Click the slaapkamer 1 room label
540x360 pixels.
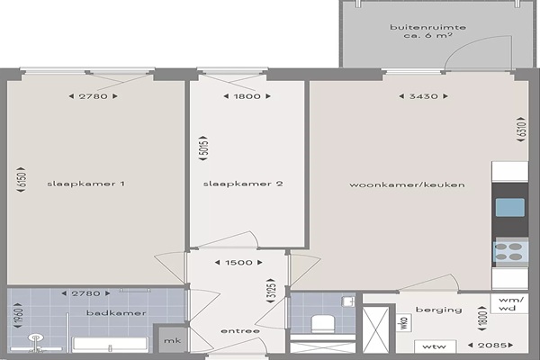point(85,184)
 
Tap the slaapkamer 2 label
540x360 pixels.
point(243,184)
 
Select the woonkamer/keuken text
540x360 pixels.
point(407,184)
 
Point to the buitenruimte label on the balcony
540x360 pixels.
point(428,27)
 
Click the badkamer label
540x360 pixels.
point(116,313)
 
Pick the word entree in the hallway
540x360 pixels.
point(240,331)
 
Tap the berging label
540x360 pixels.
point(439,310)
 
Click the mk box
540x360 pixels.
point(173,340)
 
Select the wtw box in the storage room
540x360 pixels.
point(436,346)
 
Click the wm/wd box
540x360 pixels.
point(509,303)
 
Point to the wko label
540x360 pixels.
point(404,322)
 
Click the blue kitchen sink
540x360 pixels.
point(510,207)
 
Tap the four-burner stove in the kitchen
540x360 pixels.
point(510,252)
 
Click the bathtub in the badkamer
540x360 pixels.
point(110,345)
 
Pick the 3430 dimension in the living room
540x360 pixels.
point(423,96)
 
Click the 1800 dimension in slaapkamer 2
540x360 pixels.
point(247,96)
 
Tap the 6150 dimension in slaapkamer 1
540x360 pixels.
point(22,179)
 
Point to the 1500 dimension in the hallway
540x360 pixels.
point(238,263)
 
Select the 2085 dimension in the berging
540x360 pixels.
point(490,345)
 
